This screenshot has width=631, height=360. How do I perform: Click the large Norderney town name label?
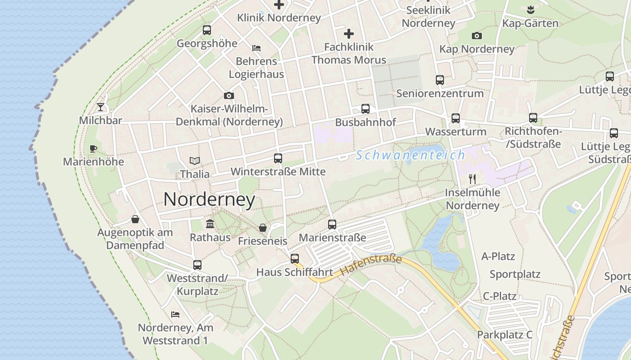[209, 199]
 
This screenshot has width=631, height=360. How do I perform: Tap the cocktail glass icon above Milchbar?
[101, 107]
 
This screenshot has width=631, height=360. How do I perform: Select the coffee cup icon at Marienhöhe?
[93, 148]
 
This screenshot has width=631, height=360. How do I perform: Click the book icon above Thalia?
[195, 161]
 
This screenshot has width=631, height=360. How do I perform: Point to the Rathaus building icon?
[210, 224]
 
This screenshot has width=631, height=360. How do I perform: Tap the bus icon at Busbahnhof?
[366, 109]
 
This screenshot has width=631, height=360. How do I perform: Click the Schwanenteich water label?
[410, 155]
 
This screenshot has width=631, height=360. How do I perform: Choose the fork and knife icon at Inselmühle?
[472, 179]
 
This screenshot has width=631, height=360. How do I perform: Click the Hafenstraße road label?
[370, 265]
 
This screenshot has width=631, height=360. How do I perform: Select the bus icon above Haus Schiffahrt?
[295, 259]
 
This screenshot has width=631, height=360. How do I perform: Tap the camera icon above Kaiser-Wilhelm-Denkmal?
[229, 95]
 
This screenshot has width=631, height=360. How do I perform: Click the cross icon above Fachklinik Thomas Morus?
[349, 34]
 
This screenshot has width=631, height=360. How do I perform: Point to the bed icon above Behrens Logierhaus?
[256, 48]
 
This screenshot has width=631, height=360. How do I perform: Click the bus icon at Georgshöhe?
[207, 30]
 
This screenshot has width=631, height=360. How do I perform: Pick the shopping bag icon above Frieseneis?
[263, 228]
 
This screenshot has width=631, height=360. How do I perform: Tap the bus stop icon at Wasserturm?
[456, 118]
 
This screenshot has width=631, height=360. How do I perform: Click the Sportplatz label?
[515, 274]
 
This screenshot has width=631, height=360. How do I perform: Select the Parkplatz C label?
[505, 335]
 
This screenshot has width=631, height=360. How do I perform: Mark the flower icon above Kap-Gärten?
[530, 9]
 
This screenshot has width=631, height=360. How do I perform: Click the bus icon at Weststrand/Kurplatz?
[197, 265]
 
